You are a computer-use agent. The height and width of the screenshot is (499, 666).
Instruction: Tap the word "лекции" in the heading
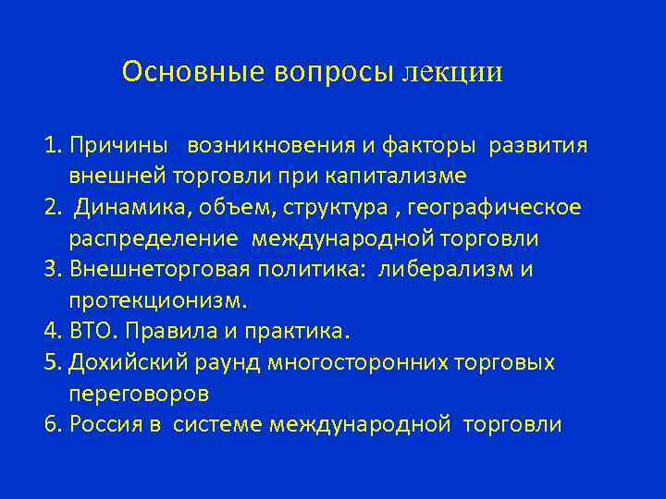pyautogui.click(x=452, y=72)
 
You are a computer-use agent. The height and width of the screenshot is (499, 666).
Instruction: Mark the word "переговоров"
pyautogui.click(x=138, y=394)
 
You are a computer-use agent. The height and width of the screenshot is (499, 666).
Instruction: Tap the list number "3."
pyautogui.click(x=52, y=269)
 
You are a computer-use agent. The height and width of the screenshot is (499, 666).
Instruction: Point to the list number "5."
pyautogui.click(x=52, y=362)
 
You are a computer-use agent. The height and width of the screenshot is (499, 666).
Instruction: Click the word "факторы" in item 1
pyautogui.click(x=436, y=145)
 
